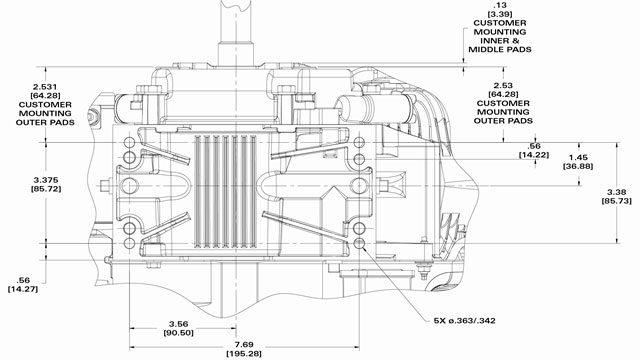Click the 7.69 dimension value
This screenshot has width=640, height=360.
(244, 344)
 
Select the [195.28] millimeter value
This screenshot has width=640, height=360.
(244, 353)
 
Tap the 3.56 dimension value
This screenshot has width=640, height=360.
(179, 324)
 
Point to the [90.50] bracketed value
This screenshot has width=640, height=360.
(179, 333)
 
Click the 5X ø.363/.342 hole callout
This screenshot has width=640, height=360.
(465, 321)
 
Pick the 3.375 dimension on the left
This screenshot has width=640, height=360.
(46, 180)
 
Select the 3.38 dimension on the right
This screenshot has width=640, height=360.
(616, 192)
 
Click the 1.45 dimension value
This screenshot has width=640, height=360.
(578, 158)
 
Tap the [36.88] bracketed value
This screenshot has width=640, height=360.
(578, 167)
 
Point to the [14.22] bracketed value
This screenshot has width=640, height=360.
(534, 155)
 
